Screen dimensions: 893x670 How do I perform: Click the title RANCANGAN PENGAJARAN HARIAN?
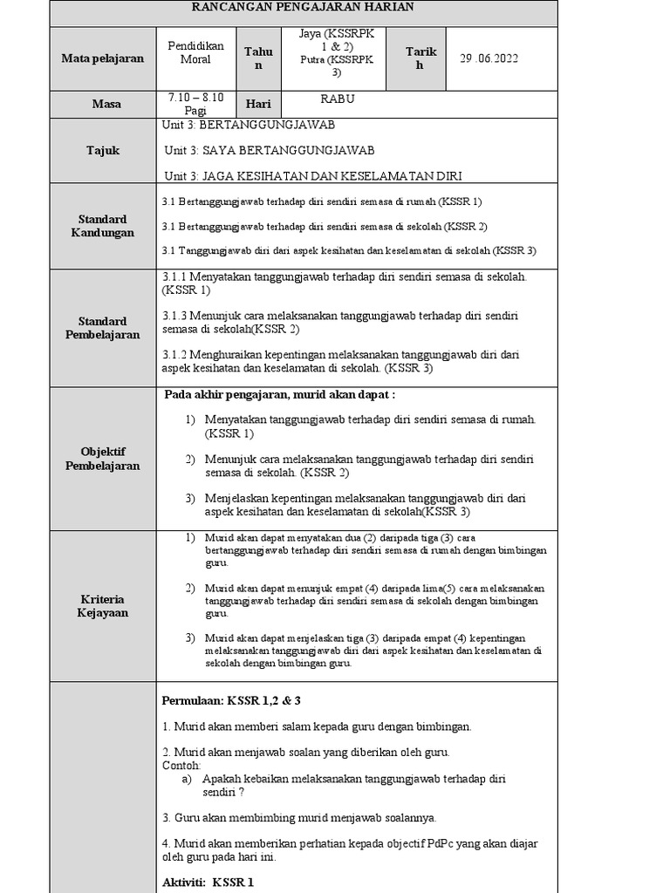[303, 7]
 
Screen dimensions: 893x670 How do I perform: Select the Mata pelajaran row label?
[102, 58]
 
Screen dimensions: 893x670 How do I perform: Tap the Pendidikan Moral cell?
[195, 52]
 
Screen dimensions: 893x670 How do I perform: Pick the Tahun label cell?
[258, 59]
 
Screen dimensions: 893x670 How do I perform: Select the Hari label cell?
[257, 104]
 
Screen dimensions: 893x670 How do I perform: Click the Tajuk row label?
[103, 151]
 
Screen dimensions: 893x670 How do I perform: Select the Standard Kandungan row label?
[102, 226]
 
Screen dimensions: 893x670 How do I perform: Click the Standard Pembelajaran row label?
[102, 328]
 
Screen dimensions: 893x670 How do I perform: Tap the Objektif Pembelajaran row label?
[102, 459]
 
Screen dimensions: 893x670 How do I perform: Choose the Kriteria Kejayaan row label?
[102, 606]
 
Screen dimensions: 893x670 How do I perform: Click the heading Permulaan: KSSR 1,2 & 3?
[231, 700]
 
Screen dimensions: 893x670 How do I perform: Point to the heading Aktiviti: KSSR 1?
[208, 882]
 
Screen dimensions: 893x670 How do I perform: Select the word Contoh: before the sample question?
[181, 765]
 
